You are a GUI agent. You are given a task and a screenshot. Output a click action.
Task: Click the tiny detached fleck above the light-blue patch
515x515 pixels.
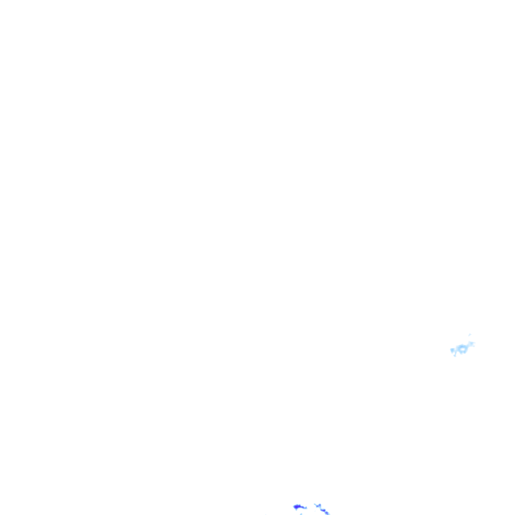(470, 334)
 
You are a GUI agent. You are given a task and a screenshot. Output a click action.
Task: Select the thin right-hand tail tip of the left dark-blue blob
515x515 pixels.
(306, 508)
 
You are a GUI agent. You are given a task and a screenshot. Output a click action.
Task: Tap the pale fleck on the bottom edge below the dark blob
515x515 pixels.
(301, 513)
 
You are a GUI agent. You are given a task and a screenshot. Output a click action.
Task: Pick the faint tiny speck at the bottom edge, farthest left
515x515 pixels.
(266, 514)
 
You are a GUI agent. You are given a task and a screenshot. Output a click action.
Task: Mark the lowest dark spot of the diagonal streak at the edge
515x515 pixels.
(327, 513)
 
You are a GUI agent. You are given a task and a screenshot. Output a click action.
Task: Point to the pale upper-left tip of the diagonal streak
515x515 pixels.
(315, 503)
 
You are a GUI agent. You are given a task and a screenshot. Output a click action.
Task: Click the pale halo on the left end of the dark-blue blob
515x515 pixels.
(294, 506)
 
